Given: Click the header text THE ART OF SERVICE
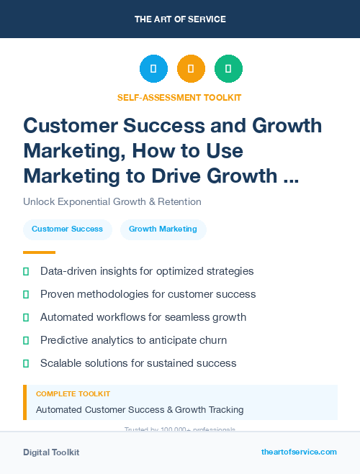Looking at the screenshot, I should click(180, 19).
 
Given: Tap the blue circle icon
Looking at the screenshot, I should click(153, 69).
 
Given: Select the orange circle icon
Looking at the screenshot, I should click(191, 69).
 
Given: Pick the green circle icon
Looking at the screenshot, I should click(228, 69).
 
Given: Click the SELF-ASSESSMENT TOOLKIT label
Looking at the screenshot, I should click(180, 97).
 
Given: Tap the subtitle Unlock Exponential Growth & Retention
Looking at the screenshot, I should click(112, 201).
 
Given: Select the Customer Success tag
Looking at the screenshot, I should click(67, 229).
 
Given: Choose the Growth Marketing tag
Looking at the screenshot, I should click(163, 229).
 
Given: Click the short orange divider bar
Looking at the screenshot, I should click(39, 252).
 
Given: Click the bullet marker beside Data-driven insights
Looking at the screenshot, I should click(26, 272).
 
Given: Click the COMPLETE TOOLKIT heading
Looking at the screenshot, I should click(73, 394).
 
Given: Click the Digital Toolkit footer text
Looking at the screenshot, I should click(51, 452).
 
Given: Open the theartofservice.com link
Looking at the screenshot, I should click(299, 452).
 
